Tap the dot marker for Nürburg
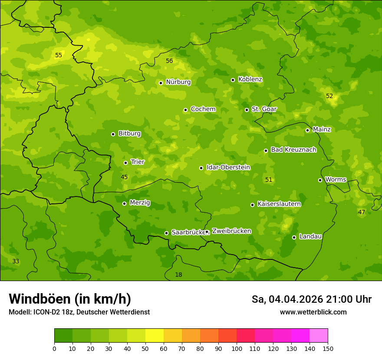(x=161, y=83)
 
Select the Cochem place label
(x=203, y=109)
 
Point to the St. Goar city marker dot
(x=247, y=110)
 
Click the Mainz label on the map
(x=322, y=129)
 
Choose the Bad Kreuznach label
(x=293, y=150)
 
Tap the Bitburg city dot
(x=113, y=134)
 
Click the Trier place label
(x=138, y=162)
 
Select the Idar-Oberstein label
(x=228, y=167)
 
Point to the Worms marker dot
(x=320, y=180)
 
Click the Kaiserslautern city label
(x=279, y=204)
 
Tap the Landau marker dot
(x=294, y=237)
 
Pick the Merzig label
(x=140, y=203)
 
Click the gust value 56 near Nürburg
(x=169, y=61)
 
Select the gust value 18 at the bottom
(x=178, y=275)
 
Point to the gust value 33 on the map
(x=16, y=261)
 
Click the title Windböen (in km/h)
(x=70, y=299)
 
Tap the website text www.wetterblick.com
(x=313, y=312)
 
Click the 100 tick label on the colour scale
(x=237, y=348)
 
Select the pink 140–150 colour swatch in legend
(x=319, y=336)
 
